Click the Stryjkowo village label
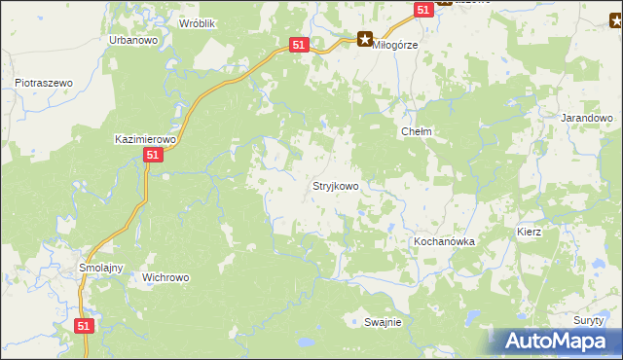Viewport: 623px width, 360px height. [x=335, y=185]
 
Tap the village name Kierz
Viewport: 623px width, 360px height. [x=529, y=233]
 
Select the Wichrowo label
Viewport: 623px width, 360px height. [x=165, y=277]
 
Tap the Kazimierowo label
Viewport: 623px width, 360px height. [x=144, y=139]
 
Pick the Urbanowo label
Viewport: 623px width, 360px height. [x=133, y=40]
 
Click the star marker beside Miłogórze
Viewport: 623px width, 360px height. [x=364, y=40]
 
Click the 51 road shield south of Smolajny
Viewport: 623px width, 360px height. [x=85, y=326]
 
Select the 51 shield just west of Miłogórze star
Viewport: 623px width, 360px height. [x=299, y=45]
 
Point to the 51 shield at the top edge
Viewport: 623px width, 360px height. [x=422, y=9]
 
